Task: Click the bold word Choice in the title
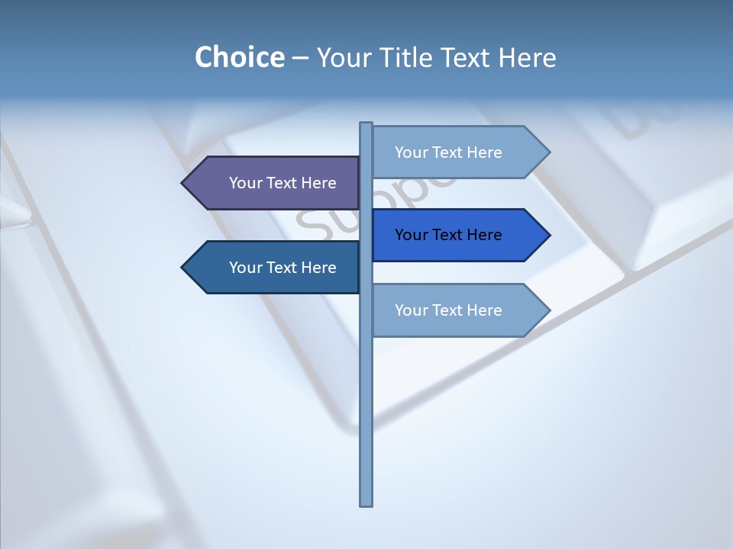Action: point(239,57)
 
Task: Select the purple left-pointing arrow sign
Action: point(275,183)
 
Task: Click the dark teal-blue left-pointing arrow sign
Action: point(275,268)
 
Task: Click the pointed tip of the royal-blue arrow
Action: point(547,235)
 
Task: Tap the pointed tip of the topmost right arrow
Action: point(547,152)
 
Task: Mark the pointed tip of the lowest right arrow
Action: point(547,310)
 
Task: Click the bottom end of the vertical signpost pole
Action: point(366,503)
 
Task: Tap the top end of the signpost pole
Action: point(366,124)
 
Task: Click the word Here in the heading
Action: point(528,57)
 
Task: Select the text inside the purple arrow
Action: point(283,183)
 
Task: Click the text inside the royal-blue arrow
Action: point(448,235)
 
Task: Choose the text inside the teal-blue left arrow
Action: point(283,268)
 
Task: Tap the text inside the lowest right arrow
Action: point(448,310)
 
